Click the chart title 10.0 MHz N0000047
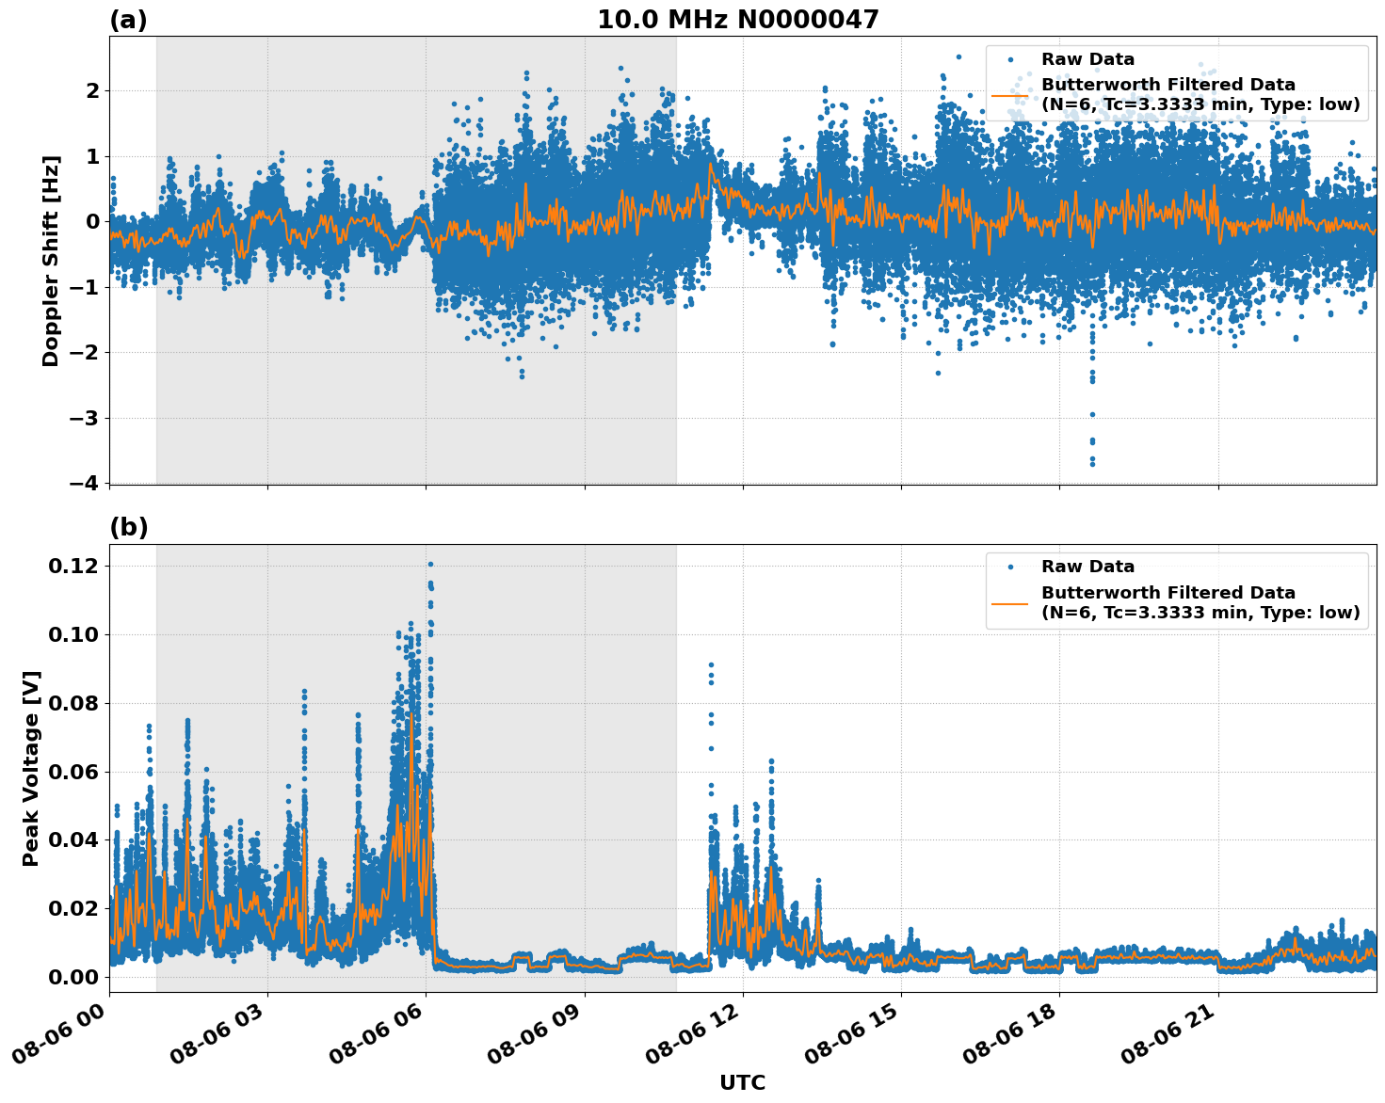737,20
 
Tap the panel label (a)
128,20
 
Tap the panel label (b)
128,527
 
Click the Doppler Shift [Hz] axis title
51,261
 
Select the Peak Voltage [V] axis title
31,768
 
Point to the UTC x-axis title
742,1082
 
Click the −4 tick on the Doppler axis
84,483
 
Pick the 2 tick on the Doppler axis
92,90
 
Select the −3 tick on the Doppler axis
84,418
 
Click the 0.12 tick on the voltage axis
73,566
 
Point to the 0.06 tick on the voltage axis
73,772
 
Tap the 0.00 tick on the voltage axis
73,977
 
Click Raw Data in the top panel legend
1087,59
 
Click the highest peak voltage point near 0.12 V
430,565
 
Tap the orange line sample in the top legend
1009,94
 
